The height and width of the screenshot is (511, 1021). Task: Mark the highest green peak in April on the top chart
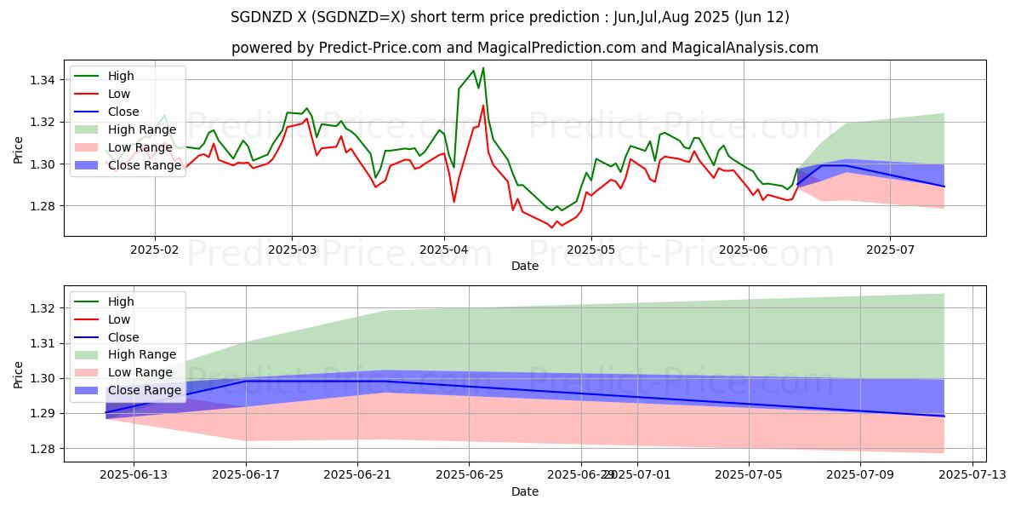(483, 68)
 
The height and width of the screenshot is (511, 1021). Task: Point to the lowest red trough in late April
(551, 227)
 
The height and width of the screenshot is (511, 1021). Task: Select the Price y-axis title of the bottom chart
(19, 374)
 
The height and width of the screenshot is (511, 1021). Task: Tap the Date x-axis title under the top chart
(524, 266)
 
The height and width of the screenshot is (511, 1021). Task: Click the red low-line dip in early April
(453, 201)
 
